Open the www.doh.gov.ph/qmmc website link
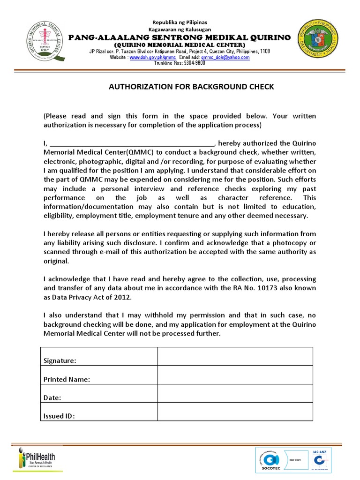[x=145, y=57]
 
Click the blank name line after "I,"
[x=132, y=143]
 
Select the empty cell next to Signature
[x=235, y=356]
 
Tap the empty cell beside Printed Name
[x=235, y=375]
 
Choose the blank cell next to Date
[x=235, y=393]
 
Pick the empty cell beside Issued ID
[x=235, y=412]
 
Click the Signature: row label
[x=60, y=360]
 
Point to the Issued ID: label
[x=59, y=416]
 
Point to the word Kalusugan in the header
[x=196, y=30]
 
